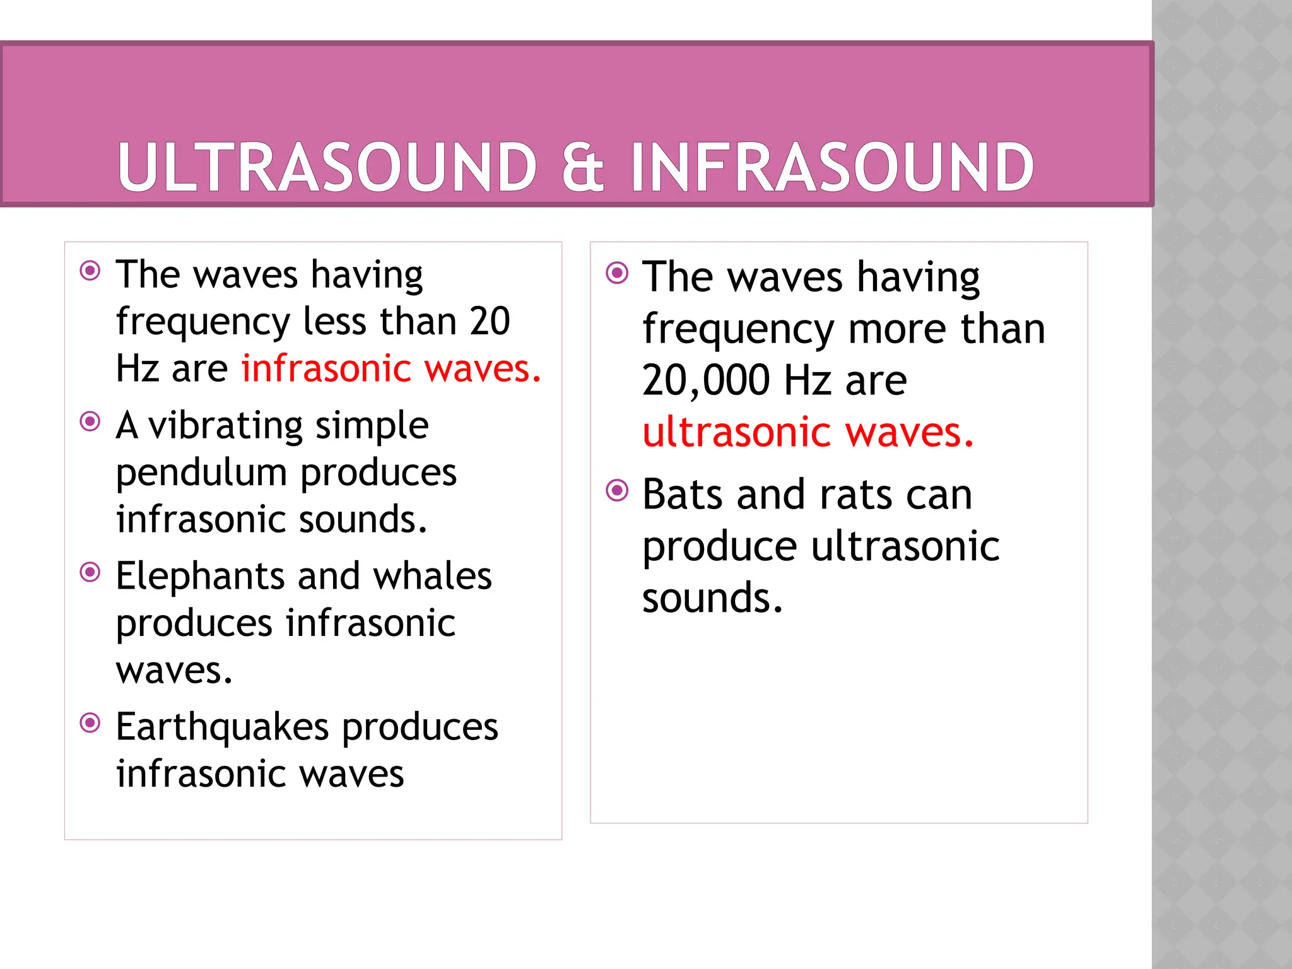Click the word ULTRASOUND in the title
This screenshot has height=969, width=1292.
[x=327, y=167]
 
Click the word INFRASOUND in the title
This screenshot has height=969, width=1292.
[x=831, y=167]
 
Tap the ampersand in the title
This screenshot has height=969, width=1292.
[x=582, y=167]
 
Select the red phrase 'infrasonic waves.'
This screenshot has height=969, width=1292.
[x=391, y=368]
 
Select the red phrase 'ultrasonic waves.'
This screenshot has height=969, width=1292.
[x=808, y=433]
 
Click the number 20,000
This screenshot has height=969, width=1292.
[x=706, y=381]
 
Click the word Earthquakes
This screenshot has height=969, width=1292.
[x=222, y=727]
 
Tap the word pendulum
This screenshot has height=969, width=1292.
[x=201, y=473]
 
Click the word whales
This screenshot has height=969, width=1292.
[x=432, y=577]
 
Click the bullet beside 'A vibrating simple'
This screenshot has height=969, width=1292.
[x=90, y=421]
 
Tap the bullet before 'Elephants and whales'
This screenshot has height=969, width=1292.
[x=90, y=572]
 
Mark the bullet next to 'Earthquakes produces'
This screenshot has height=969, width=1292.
[x=90, y=722]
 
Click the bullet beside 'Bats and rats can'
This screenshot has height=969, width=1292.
[x=617, y=490]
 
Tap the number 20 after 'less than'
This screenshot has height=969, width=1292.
[x=490, y=322]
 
